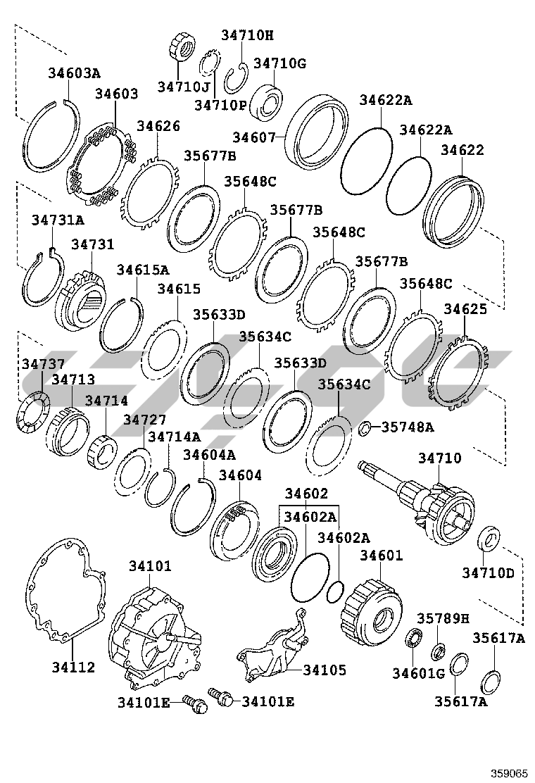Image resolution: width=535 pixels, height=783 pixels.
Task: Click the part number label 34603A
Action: click(74, 73)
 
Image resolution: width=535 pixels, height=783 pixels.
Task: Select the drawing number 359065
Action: click(502, 772)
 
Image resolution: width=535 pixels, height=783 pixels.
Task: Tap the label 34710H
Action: click(247, 35)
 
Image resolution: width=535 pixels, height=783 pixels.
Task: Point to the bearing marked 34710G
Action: click(268, 100)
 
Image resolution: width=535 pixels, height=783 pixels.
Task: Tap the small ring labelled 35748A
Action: click(365, 428)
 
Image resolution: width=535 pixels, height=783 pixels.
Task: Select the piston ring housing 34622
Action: click(455, 211)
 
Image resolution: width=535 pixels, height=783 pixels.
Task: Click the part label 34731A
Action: click(56, 221)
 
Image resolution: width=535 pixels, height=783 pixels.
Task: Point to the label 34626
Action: click(158, 126)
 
